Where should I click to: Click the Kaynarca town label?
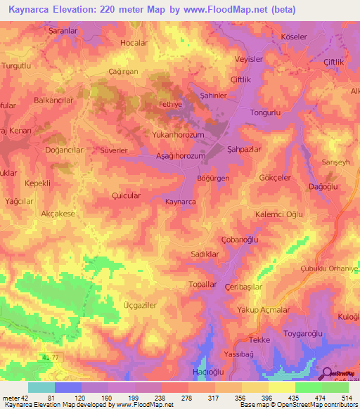[180, 202]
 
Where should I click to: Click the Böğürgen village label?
[214, 179]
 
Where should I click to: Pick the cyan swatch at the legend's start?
[41, 387]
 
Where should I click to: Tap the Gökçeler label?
[276, 178]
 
